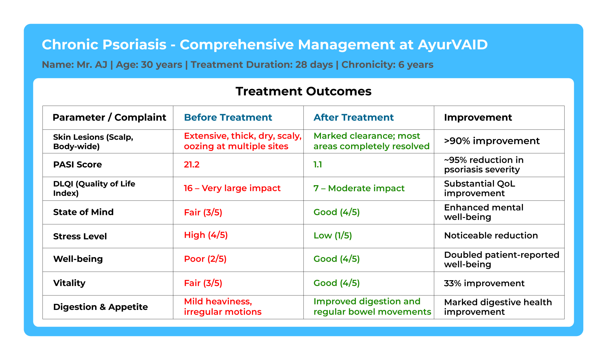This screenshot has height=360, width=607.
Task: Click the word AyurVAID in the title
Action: pyautogui.click(x=453, y=45)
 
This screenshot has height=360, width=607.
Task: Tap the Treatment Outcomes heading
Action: pyautogui.click(x=303, y=91)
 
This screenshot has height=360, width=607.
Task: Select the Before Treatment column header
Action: pyautogui.click(x=228, y=117)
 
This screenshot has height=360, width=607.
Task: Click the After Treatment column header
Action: pyautogui.click(x=354, y=117)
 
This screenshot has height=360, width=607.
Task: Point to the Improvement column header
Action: pyautogui.click(x=478, y=117)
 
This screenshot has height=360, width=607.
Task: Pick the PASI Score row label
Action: pyautogui.click(x=77, y=165)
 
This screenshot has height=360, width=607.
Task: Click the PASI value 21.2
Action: pyautogui.click(x=192, y=165)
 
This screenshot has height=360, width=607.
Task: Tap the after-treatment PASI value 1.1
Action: pyautogui.click(x=318, y=165)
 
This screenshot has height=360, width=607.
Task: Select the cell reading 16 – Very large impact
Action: pyautogui.click(x=232, y=188)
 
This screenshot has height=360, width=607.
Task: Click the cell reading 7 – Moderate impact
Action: pyautogui.click(x=359, y=188)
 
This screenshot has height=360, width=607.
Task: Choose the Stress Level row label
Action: pyautogui.click(x=80, y=236)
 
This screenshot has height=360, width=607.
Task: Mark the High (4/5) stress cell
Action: pyautogui.click(x=206, y=235)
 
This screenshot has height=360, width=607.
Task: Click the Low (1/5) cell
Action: pyautogui.click(x=333, y=236)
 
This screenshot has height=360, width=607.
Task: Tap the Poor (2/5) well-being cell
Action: pyautogui.click(x=205, y=259)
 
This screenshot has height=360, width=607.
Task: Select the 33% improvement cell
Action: pyautogui.click(x=484, y=283)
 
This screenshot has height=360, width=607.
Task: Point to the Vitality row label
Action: pyautogui.click(x=69, y=283)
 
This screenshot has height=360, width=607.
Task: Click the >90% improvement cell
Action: pyautogui.click(x=492, y=141)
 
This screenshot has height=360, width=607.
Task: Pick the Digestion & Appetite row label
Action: pyautogui.click(x=100, y=307)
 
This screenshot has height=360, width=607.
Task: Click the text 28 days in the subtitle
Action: pyautogui.click(x=314, y=65)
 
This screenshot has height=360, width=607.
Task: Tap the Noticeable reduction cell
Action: pyautogui.click(x=491, y=236)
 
